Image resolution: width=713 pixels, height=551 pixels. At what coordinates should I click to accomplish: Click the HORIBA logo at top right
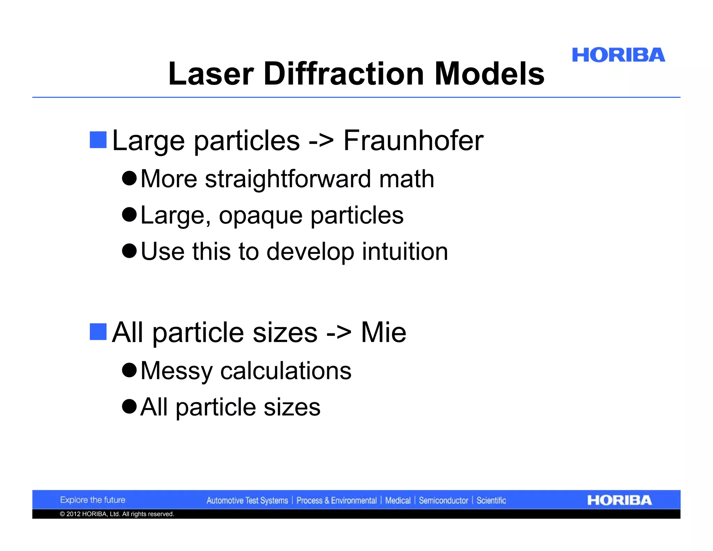(618, 55)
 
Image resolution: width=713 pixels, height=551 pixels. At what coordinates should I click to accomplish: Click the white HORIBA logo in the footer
(619, 500)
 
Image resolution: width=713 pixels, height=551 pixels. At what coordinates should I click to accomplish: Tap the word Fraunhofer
(413, 140)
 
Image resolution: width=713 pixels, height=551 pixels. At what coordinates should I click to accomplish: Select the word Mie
(383, 332)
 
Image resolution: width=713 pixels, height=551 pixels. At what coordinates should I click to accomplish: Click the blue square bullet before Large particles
(98, 140)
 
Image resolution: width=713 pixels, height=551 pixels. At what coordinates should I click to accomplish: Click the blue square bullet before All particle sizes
(98, 332)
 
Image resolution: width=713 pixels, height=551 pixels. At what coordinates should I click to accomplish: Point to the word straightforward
(288, 179)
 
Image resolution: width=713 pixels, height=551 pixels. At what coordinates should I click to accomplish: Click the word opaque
(260, 216)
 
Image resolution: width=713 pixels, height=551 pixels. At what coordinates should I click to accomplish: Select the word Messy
(177, 371)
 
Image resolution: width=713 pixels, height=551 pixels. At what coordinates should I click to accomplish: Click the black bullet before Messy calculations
(130, 370)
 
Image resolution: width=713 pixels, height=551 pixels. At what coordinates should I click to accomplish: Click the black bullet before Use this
(130, 251)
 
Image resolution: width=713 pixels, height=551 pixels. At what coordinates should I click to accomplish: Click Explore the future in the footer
(93, 500)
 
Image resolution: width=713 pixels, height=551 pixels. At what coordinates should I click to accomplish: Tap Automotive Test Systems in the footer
(247, 500)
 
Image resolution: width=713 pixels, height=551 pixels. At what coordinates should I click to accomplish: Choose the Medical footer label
(398, 500)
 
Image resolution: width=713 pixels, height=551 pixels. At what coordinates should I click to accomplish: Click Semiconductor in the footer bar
(443, 500)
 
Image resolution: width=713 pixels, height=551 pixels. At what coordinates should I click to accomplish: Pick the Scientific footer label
(491, 500)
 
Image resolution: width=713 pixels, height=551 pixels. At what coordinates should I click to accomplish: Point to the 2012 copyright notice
(117, 514)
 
